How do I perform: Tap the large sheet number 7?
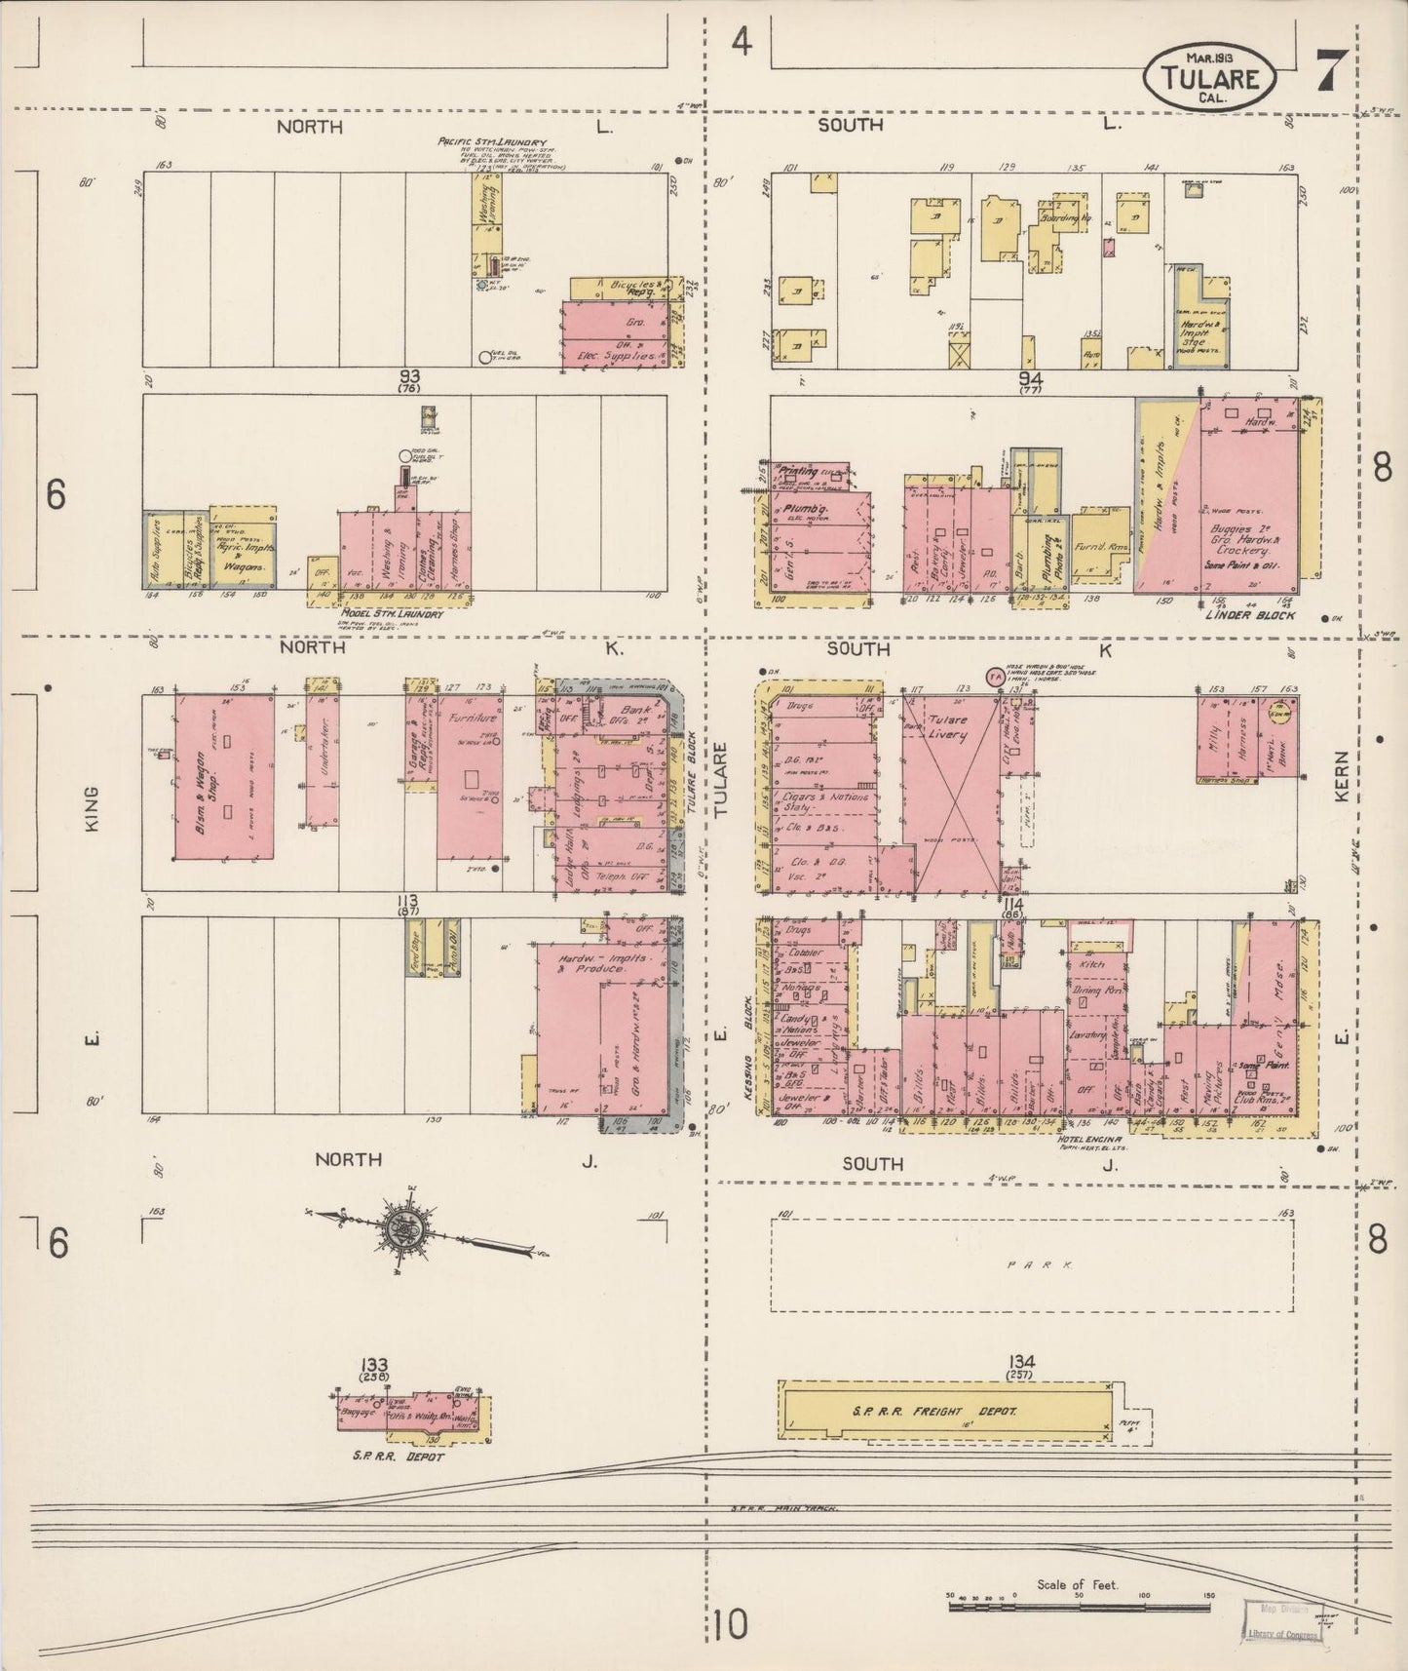(x=1333, y=70)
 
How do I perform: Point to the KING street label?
(x=94, y=810)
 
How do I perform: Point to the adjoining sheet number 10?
(x=730, y=1625)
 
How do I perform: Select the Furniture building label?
(x=474, y=718)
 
